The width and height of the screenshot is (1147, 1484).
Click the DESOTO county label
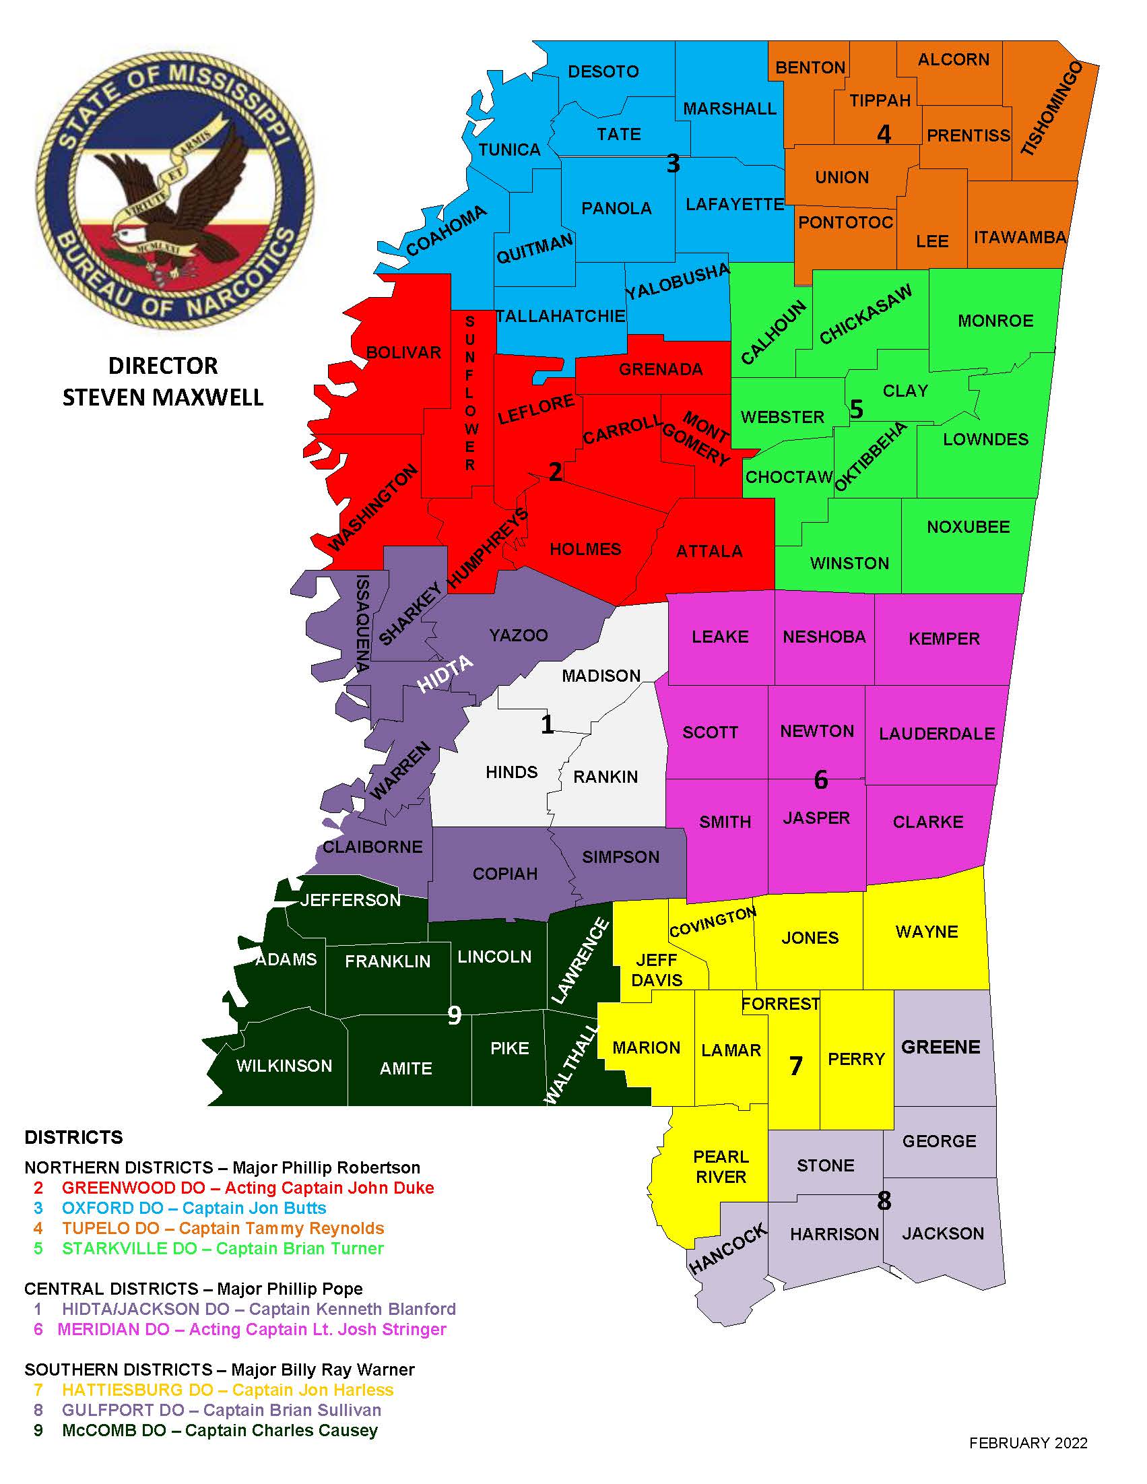pos(603,71)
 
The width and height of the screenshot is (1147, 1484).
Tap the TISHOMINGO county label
pos(1051,109)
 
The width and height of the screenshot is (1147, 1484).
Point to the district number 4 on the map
pos(884,135)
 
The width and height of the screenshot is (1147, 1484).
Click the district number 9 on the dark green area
pos(455,1015)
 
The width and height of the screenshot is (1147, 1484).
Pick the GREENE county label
pos(940,1047)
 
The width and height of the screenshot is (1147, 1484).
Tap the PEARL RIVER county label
pos(720,1167)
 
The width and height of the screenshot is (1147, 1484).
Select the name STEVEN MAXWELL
pos(163,397)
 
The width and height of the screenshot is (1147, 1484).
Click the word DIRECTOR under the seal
pos(163,366)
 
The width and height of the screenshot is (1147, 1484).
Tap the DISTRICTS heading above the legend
pos(74,1138)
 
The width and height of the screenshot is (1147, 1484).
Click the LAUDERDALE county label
pos(936,734)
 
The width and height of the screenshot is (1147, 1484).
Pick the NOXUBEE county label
pos(969,527)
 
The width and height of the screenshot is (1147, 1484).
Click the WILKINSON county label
pos(284,1066)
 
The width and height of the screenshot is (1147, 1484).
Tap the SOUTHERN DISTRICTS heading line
pos(220,1369)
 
